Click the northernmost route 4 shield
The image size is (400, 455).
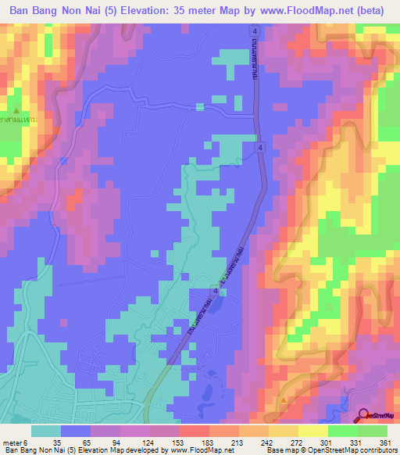(255, 30)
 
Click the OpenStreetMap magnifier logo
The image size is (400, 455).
(365, 416)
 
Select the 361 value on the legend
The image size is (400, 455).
(384, 442)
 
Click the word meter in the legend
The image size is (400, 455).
(12, 442)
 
